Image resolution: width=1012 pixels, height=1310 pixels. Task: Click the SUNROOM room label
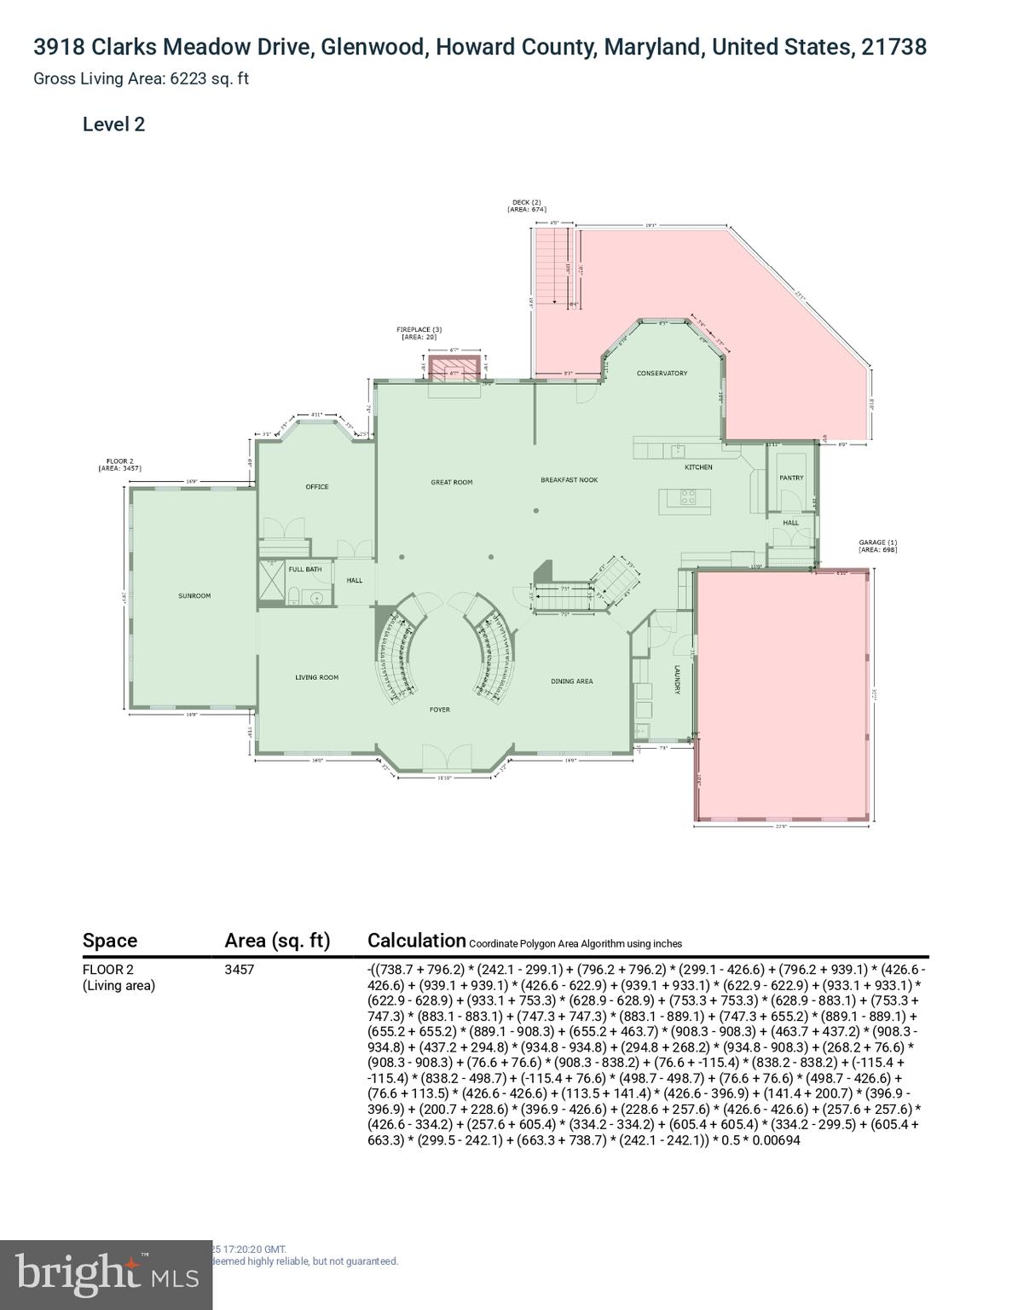coord(194,596)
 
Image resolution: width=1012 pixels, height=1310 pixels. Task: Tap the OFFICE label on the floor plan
coord(317,487)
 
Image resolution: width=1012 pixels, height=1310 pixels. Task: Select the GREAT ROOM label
coord(451,483)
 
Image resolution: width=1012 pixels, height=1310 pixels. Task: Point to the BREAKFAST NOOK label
coord(569,480)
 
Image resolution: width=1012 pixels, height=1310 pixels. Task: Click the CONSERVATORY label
coord(662,374)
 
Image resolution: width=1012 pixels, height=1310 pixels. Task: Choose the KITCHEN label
coord(698,467)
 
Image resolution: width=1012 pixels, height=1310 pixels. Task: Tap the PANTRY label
coord(791,478)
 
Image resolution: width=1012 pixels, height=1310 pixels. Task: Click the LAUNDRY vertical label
coord(677,680)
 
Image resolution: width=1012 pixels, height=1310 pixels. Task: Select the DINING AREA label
coord(571,681)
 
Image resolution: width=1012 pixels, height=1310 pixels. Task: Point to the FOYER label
coord(439,710)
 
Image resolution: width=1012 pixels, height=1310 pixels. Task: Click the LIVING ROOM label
coord(317,678)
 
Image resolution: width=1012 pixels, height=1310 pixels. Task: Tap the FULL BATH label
coord(304,570)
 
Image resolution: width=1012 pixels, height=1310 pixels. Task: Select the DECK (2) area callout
coord(526,206)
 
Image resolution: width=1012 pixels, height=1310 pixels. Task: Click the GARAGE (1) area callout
coord(877,546)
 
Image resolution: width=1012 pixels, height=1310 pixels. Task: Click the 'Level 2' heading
coord(113,125)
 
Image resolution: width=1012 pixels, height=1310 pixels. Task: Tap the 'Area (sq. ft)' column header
coord(276,941)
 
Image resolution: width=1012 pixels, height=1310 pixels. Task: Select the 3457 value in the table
coord(239,970)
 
